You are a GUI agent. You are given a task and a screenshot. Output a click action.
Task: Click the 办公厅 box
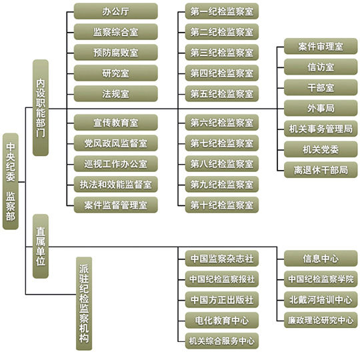(116, 11)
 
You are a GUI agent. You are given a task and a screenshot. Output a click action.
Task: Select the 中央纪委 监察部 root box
(11, 181)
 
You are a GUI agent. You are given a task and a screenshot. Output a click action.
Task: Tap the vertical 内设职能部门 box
(41, 108)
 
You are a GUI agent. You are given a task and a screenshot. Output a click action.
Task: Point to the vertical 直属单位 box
(41, 246)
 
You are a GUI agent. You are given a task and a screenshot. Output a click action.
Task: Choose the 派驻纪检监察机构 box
(84, 303)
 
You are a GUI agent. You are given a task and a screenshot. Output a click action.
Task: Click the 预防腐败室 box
(116, 53)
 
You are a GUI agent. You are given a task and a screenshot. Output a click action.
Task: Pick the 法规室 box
(116, 94)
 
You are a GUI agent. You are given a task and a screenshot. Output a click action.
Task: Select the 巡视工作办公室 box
(116, 164)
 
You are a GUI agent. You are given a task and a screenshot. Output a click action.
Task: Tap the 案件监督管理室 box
(116, 205)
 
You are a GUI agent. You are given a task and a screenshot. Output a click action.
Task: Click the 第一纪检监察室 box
(222, 11)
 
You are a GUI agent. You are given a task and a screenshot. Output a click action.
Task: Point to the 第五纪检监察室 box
(222, 94)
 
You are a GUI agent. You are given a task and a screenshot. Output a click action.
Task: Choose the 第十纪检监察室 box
(222, 205)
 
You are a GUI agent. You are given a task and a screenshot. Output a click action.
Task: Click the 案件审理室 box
(321, 47)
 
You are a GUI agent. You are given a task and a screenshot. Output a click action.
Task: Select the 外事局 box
(321, 108)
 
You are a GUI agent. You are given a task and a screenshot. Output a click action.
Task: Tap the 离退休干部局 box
(321, 170)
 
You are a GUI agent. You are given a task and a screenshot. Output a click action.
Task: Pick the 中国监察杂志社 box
(222, 259)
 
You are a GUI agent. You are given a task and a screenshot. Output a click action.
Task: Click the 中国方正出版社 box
(222, 299)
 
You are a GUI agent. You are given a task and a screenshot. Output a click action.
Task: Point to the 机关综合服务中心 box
(222, 341)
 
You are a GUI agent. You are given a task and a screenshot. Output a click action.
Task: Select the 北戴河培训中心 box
(321, 299)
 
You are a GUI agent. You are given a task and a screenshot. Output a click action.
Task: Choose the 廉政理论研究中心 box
(321, 320)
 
